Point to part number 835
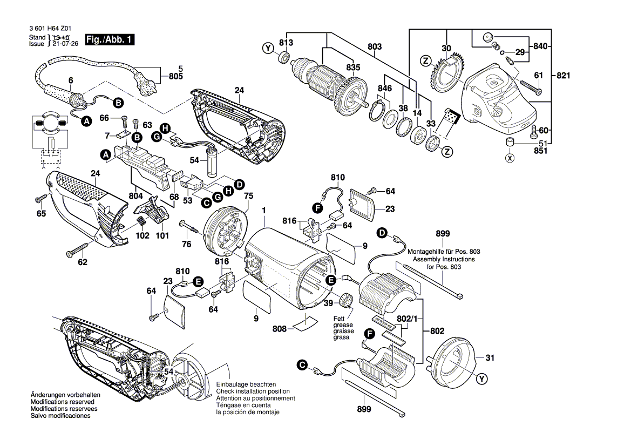tap(352, 67)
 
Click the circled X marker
tap(509, 158)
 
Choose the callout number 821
tap(563, 76)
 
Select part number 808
tap(280, 328)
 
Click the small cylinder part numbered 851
tap(508, 142)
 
